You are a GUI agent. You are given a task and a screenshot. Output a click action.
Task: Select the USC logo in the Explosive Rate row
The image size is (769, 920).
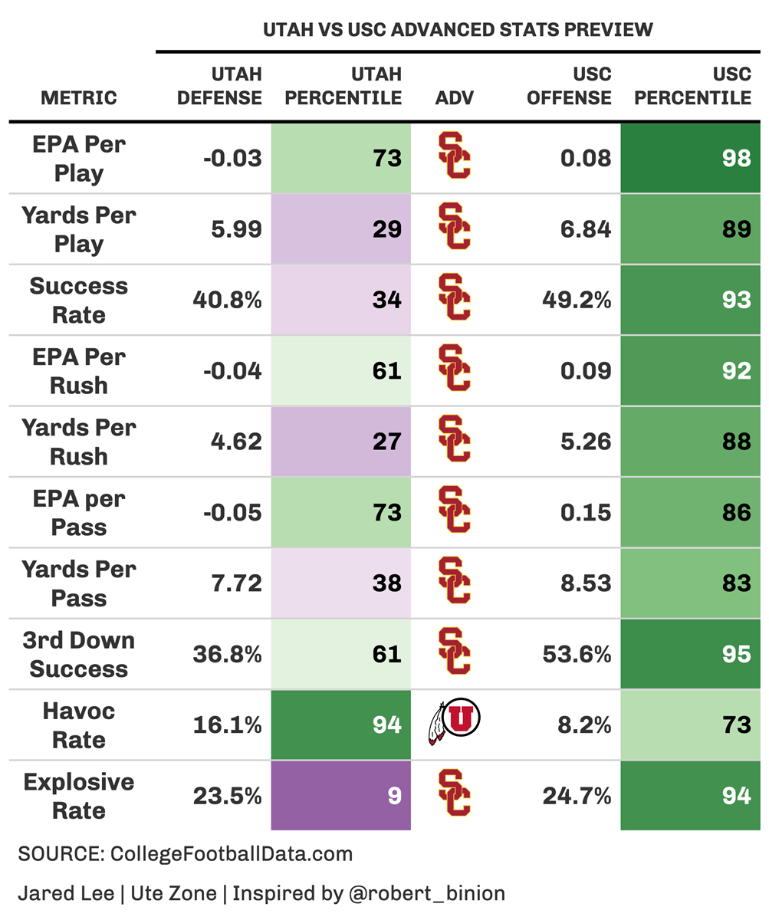point(455,794)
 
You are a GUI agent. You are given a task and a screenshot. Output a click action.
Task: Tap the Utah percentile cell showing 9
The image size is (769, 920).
point(393,796)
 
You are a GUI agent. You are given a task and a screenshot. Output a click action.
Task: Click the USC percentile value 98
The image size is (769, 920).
point(736,158)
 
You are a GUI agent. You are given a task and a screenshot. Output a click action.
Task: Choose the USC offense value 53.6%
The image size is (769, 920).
point(577,654)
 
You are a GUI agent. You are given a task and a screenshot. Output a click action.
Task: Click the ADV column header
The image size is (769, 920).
point(455,97)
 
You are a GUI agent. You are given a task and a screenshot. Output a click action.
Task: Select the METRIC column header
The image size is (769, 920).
point(79,97)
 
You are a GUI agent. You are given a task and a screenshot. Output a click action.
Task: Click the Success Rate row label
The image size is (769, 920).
point(79,300)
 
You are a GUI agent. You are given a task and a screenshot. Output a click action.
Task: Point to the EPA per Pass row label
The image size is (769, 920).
point(79,513)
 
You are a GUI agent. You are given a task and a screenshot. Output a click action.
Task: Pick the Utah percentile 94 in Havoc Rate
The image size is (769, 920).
point(386,724)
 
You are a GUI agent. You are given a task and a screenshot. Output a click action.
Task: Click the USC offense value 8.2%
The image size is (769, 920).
point(583,724)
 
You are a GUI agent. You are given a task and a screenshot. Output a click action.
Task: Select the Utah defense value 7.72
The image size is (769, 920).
point(237,583)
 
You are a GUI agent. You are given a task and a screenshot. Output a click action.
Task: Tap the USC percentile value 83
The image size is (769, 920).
point(736,583)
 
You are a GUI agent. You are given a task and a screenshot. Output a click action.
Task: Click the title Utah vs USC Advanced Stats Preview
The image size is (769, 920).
point(458,30)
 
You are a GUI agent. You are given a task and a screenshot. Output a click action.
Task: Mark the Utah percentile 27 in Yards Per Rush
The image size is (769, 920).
point(386,442)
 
